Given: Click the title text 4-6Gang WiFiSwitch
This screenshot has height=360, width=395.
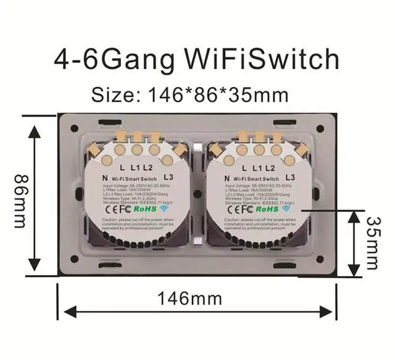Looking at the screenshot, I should (x=196, y=60).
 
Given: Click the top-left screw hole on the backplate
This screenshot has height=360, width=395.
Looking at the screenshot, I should (x=75, y=129).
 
